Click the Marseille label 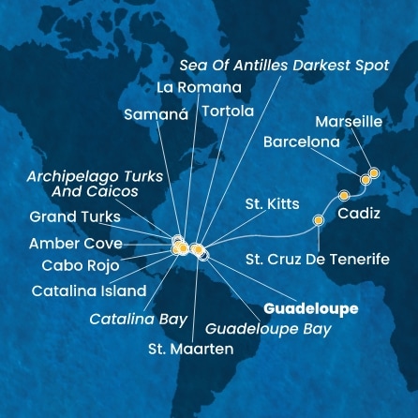click(x=350, y=122)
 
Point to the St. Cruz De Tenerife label click(x=318, y=259)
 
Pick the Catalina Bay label click(x=139, y=320)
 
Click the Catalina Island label click(x=89, y=291)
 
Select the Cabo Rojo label click(x=81, y=265)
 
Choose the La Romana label click(x=199, y=87)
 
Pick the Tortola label click(x=228, y=111)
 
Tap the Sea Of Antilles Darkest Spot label click(x=298, y=65)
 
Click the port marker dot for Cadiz click(x=343, y=196)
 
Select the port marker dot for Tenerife click(x=319, y=219)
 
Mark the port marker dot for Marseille click(x=374, y=172)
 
